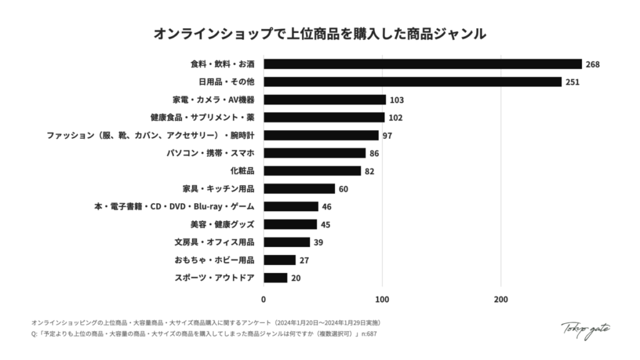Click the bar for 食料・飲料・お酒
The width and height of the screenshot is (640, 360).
[422, 64]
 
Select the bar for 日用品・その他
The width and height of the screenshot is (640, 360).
[412, 82]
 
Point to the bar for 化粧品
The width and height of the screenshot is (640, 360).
[312, 171]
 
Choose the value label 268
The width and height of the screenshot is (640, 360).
[592, 64]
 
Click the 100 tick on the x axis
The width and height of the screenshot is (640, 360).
[382, 299]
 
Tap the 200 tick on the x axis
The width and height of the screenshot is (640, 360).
[501, 299]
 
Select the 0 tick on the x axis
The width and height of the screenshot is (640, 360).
[264, 299]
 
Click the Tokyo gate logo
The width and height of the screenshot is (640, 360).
[585, 329]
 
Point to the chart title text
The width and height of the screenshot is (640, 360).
[320, 34]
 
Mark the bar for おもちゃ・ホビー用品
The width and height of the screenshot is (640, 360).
[279, 260]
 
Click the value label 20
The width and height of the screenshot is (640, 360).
[296, 278]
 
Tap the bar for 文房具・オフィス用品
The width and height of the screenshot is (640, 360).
[287, 242]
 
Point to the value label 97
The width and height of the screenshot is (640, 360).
[387, 136]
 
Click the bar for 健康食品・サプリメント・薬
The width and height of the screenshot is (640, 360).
[324, 117]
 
